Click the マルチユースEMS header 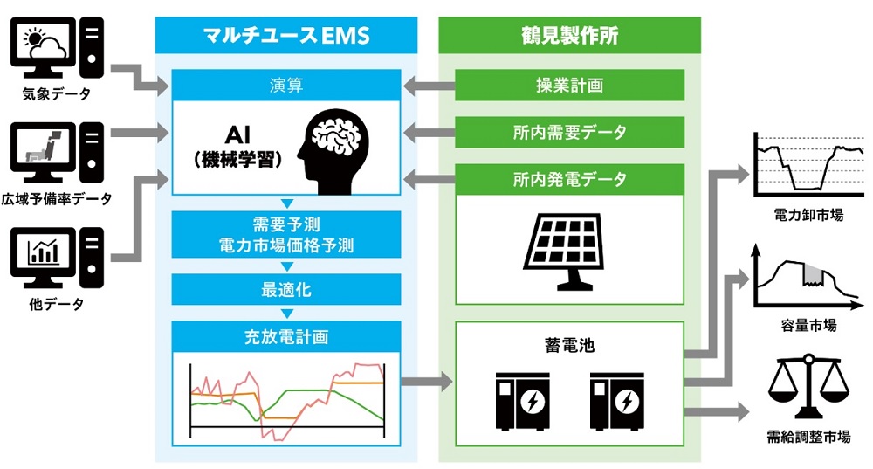click(285, 36)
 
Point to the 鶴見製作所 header click(569, 36)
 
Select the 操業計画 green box click(569, 86)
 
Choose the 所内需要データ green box click(569, 133)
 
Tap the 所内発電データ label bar click(569, 179)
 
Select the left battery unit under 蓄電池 click(524, 401)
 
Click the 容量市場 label click(808, 325)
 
